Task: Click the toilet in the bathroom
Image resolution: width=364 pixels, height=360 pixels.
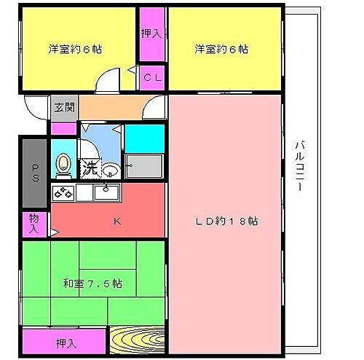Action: point(63,165)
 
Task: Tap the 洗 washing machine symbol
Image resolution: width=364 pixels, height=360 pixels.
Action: point(90,167)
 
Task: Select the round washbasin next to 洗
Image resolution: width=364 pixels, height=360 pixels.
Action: point(109,171)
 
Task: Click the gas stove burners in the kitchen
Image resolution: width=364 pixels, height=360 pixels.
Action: point(63,193)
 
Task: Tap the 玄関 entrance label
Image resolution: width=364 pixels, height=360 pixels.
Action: point(63,107)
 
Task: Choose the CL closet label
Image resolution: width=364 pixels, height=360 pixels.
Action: point(151,74)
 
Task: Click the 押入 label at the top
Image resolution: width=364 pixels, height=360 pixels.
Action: point(151,33)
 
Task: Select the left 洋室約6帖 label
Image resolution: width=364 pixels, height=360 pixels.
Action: point(75,50)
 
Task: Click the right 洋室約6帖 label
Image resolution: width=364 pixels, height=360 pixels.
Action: point(221,50)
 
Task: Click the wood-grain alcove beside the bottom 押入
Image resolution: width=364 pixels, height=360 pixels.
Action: point(138,341)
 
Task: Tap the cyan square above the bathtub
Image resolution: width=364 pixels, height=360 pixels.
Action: point(143,138)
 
